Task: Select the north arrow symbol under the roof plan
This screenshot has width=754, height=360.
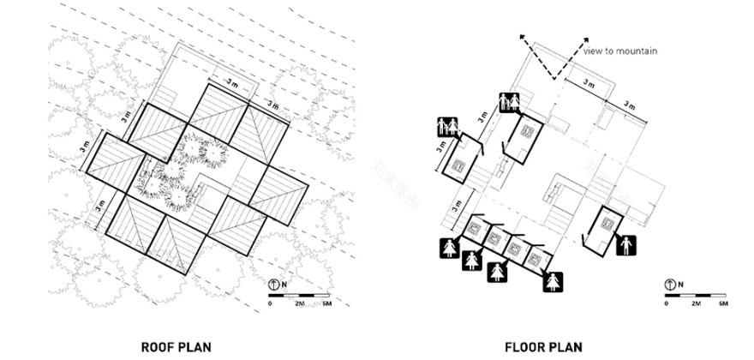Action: (x=275, y=284)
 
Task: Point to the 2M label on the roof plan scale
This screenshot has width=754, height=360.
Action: (x=300, y=303)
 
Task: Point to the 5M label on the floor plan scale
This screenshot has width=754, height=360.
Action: (x=723, y=303)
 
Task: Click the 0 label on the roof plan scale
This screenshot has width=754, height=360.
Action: (x=271, y=303)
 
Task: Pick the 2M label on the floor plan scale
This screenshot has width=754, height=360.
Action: (x=696, y=303)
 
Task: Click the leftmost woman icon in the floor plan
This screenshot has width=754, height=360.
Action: (x=446, y=249)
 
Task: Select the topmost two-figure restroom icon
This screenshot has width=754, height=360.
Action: (x=511, y=101)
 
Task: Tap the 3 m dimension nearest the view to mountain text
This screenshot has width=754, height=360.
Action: (x=588, y=84)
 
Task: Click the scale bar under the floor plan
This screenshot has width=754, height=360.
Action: (x=695, y=295)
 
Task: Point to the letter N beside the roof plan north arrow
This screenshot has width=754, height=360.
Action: (x=286, y=284)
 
